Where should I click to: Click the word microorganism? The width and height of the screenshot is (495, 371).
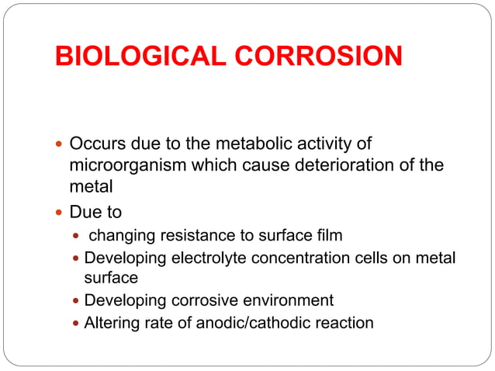(x=125, y=165)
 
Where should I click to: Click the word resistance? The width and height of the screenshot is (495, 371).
(x=186, y=236)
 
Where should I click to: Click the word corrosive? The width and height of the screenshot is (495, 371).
(x=196, y=300)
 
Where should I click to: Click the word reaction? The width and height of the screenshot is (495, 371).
(x=342, y=321)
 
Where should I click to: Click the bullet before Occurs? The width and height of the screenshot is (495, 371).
(x=60, y=145)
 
